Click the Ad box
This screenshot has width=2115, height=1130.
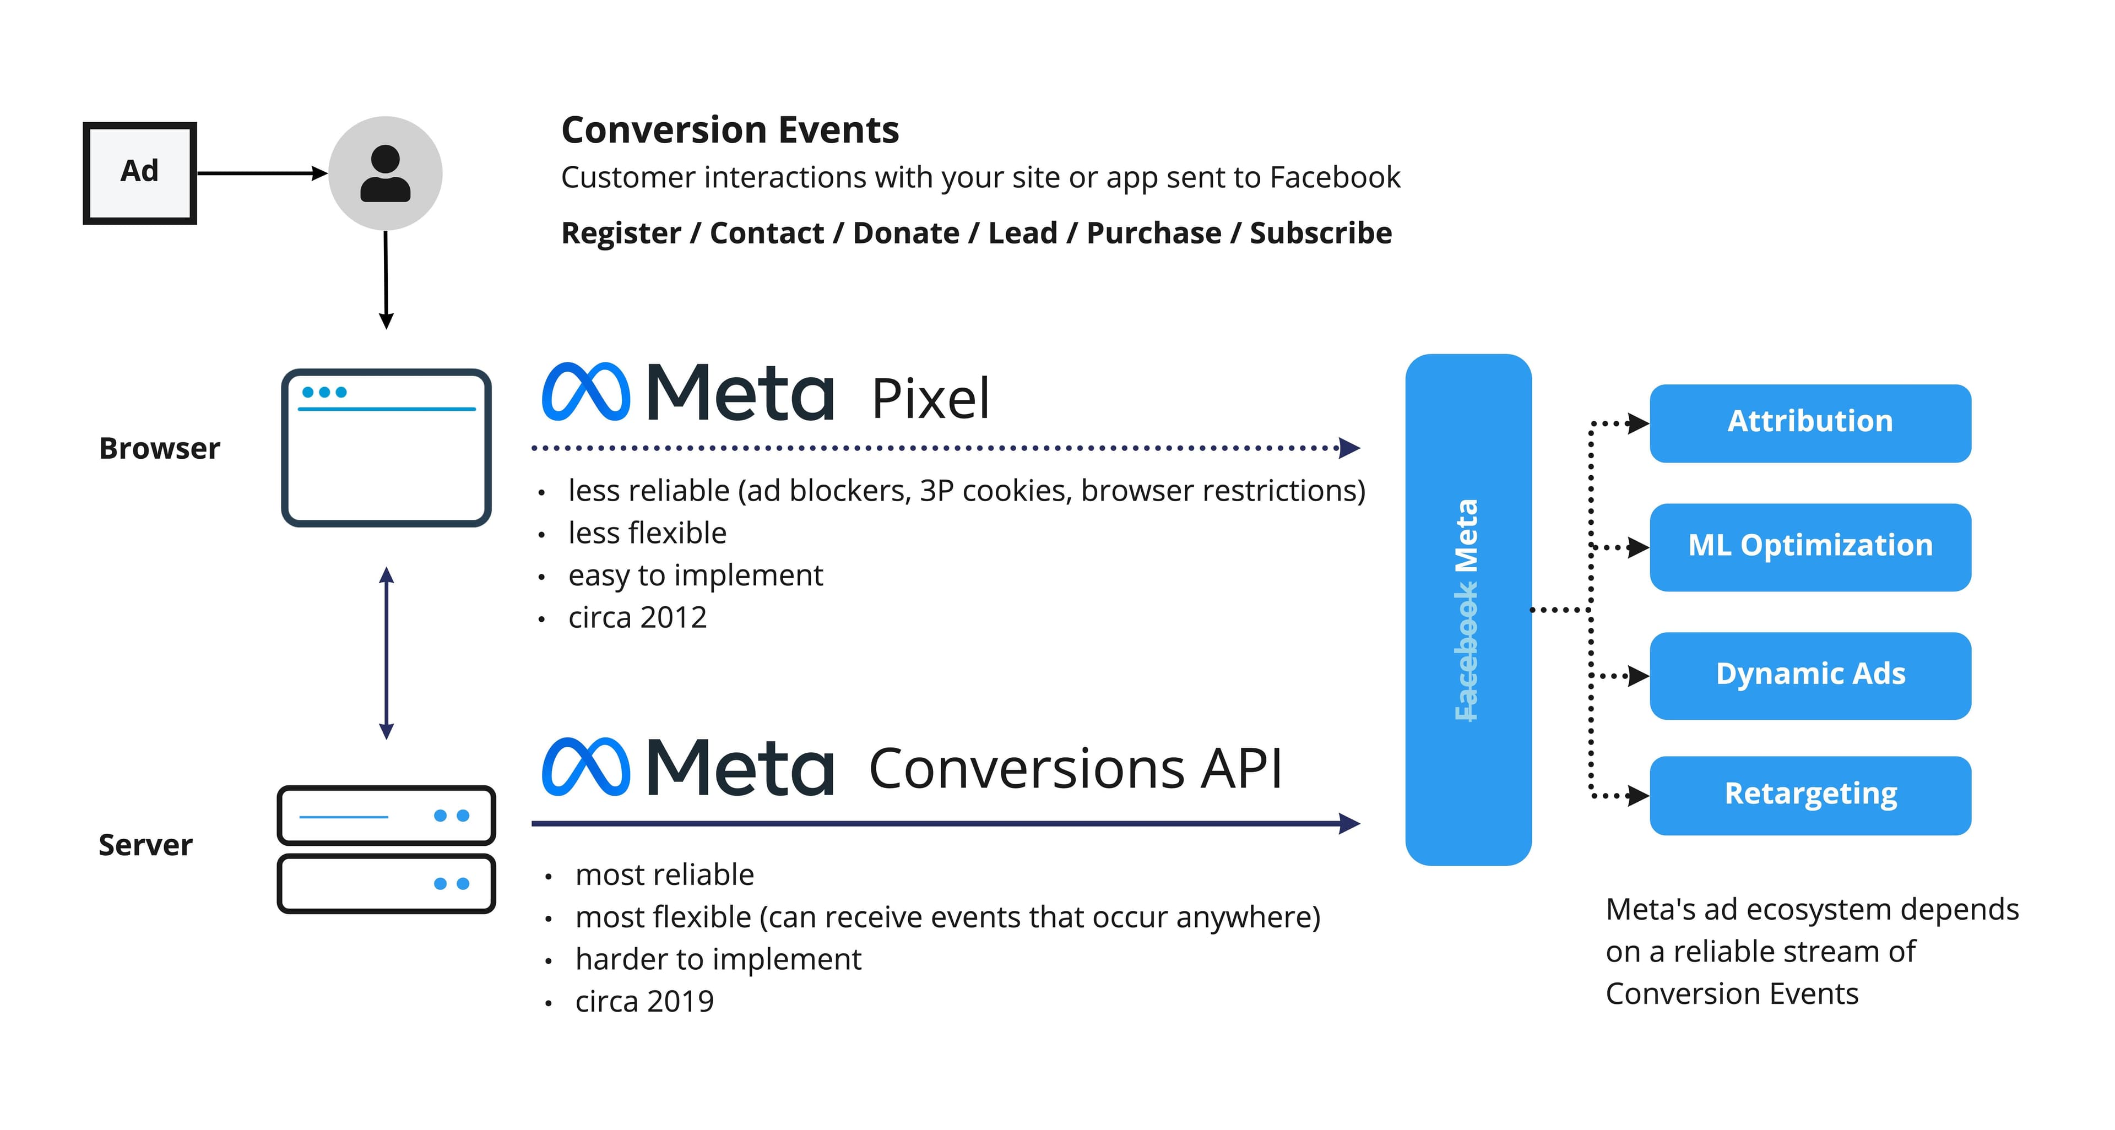click(x=139, y=173)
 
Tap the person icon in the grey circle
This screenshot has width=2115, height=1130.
click(x=385, y=173)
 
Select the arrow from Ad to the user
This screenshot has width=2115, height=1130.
click(x=261, y=173)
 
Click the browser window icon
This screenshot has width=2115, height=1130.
click(x=386, y=447)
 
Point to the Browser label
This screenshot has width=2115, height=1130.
click(x=159, y=448)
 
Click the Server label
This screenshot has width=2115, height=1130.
click(x=145, y=844)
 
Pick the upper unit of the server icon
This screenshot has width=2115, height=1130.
click(x=386, y=815)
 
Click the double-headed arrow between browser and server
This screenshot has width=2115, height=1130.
click(x=387, y=653)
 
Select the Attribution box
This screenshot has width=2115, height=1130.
click(x=1809, y=422)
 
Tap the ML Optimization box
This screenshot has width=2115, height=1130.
click(x=1809, y=546)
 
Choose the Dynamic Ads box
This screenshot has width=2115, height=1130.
click(x=1809, y=675)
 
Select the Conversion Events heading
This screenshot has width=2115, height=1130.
click(x=729, y=129)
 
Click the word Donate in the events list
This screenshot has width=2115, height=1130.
click(x=905, y=233)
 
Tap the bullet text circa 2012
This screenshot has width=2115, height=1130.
click(x=637, y=617)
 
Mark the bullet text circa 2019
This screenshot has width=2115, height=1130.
click(x=644, y=1001)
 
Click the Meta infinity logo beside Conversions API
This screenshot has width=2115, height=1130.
click(x=585, y=767)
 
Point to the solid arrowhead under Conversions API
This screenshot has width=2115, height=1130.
click(x=1348, y=823)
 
